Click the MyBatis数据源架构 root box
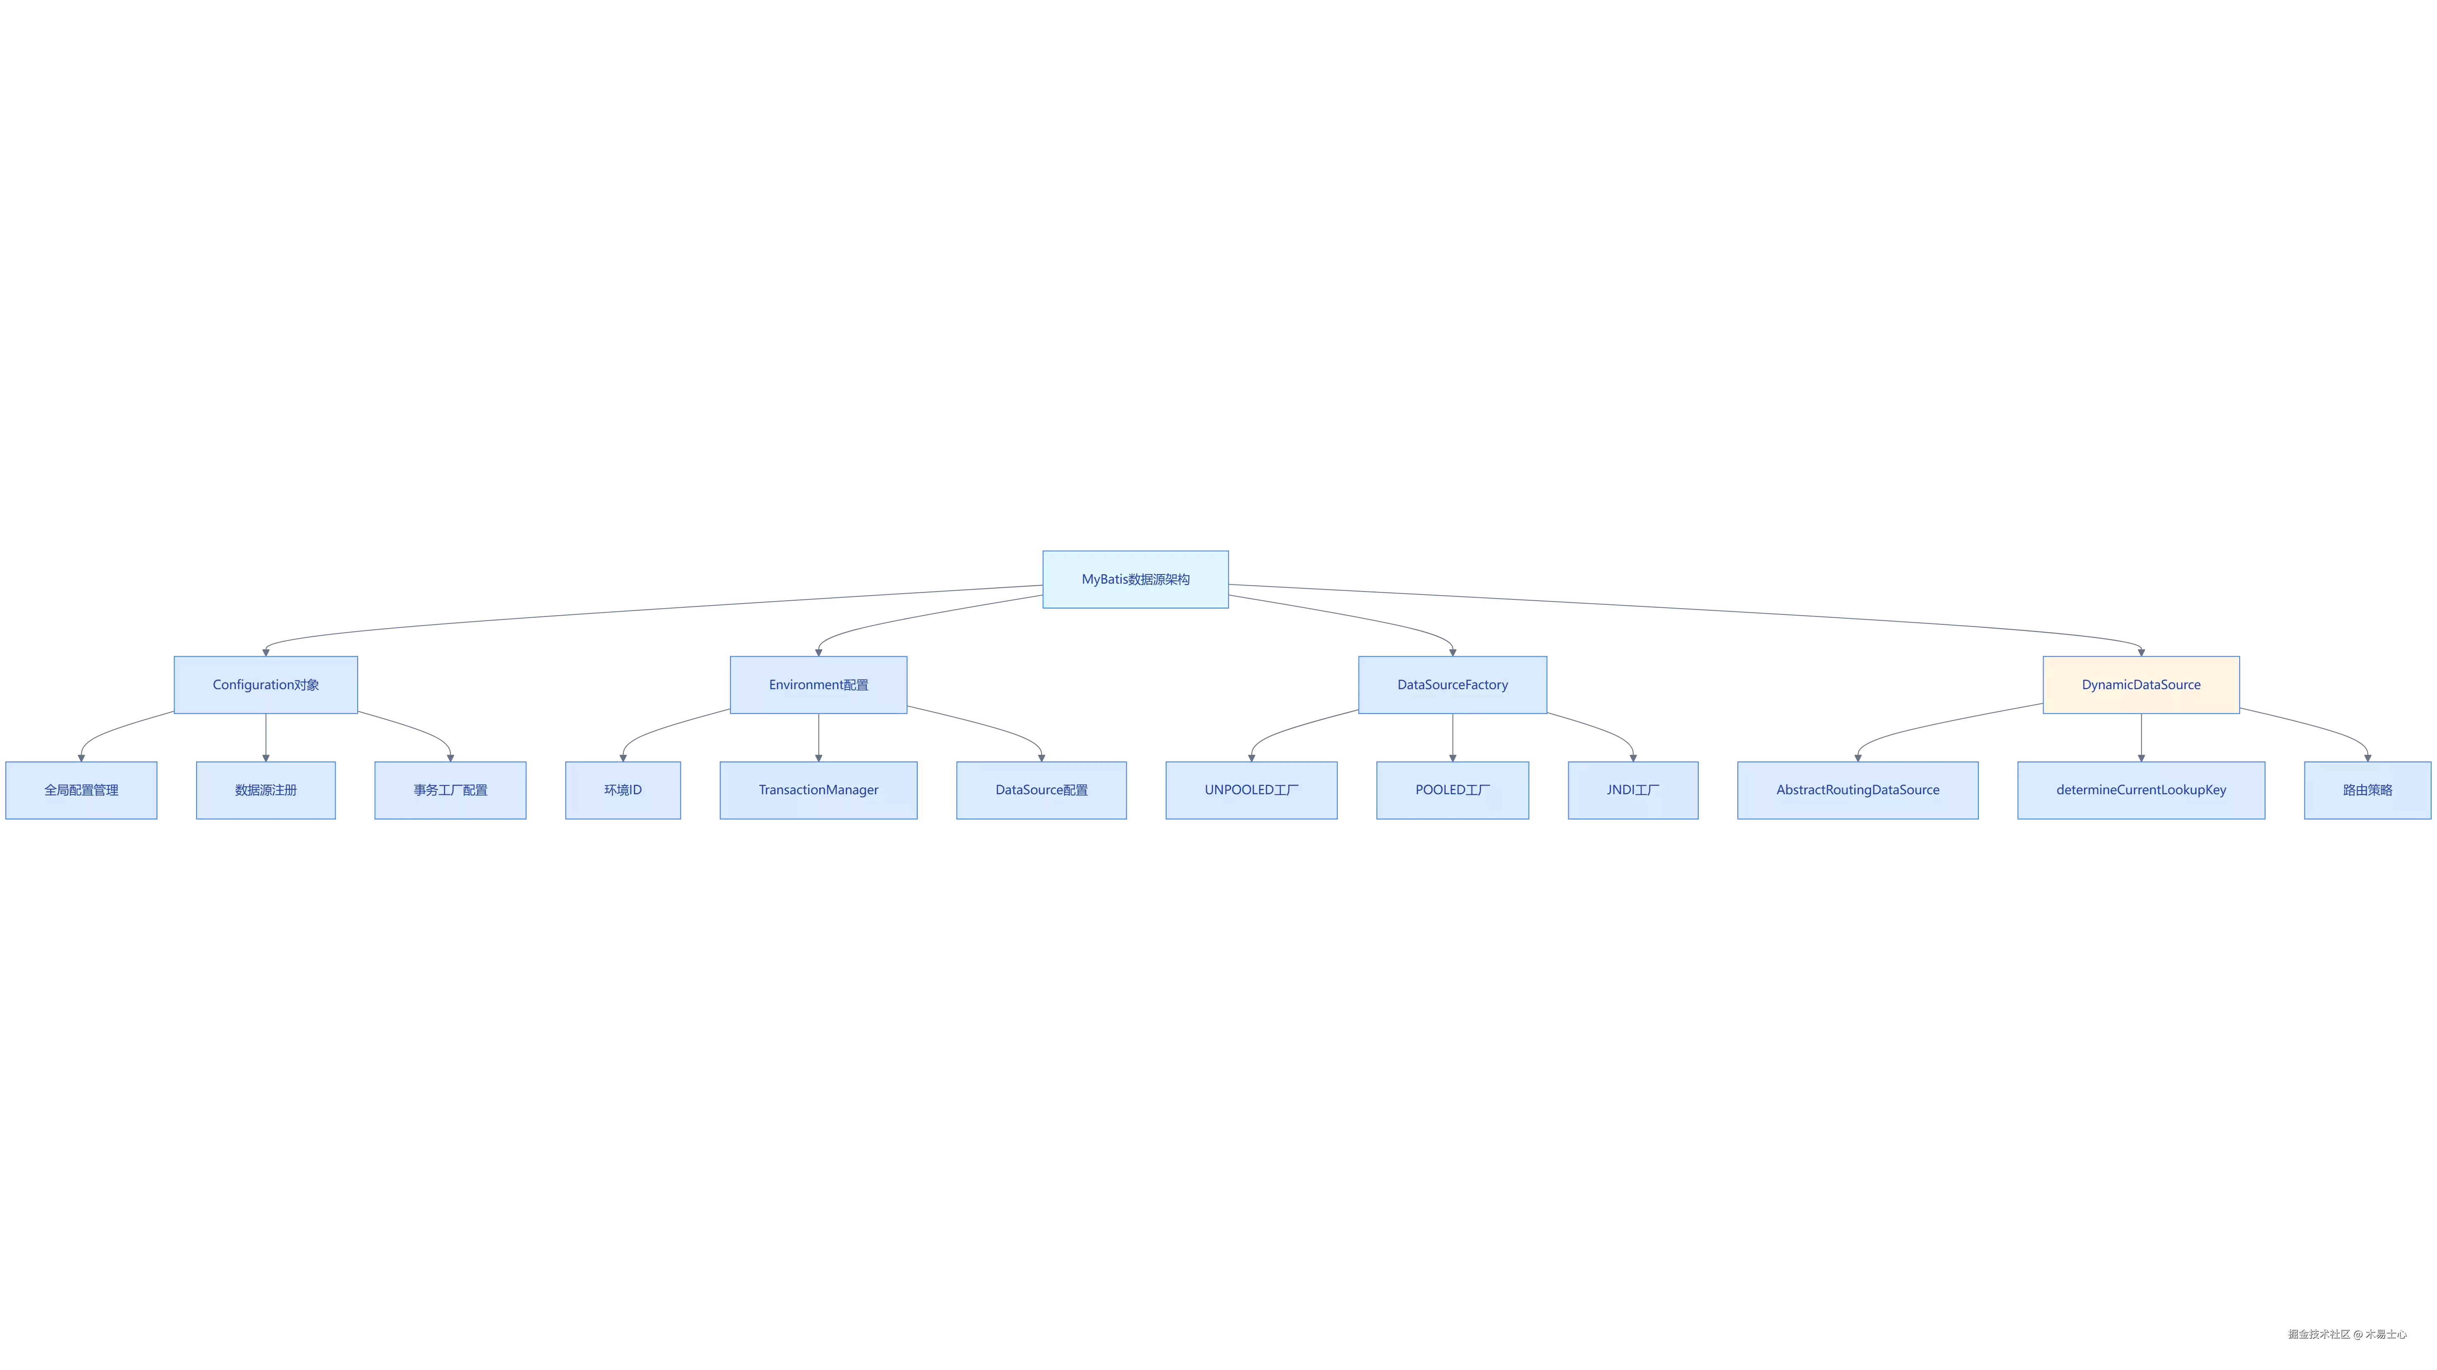(x=1135, y=579)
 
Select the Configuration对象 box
(x=266, y=684)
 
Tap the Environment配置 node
(x=818, y=684)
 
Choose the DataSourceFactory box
(x=1452, y=684)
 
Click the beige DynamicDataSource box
(x=2141, y=684)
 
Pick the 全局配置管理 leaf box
(x=81, y=790)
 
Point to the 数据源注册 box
(x=266, y=790)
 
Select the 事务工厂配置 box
(x=450, y=790)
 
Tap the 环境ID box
(x=622, y=790)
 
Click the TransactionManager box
(x=818, y=790)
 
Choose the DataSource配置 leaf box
(x=1042, y=790)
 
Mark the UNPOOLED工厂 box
(x=1252, y=790)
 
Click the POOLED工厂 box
(x=1452, y=790)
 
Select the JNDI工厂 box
(x=1633, y=790)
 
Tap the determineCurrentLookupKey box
(x=2141, y=790)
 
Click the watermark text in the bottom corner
(x=2347, y=1334)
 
